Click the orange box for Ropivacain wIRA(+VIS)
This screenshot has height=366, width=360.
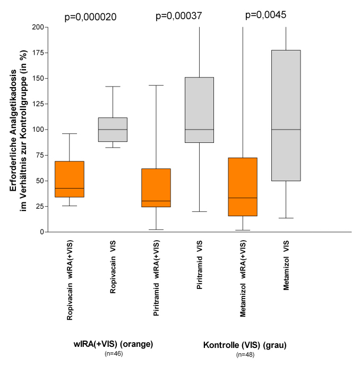(70, 179)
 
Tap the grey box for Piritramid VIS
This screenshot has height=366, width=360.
(199, 110)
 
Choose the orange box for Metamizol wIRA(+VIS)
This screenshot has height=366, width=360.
(243, 186)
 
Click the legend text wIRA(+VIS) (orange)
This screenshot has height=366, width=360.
(113, 344)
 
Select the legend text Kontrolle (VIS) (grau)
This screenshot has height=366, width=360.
(245, 345)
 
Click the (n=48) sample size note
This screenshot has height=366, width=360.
(245, 354)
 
